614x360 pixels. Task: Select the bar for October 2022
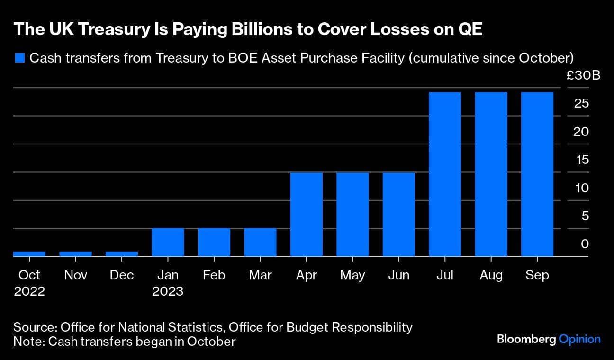coord(29,254)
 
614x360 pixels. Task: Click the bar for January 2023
coord(168,242)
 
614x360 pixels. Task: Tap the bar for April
coord(307,214)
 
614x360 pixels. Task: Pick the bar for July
coord(445,174)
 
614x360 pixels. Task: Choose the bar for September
coord(537,174)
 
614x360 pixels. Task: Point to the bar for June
coord(399,214)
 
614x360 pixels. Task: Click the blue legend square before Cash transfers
coord(19,58)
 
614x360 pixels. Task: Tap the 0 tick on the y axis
coord(585,244)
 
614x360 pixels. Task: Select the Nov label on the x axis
coord(75,275)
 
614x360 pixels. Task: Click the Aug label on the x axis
coord(491,275)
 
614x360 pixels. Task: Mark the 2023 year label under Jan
coord(168,291)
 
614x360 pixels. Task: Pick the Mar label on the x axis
coord(260,275)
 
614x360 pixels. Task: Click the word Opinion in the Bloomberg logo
coord(579,339)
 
